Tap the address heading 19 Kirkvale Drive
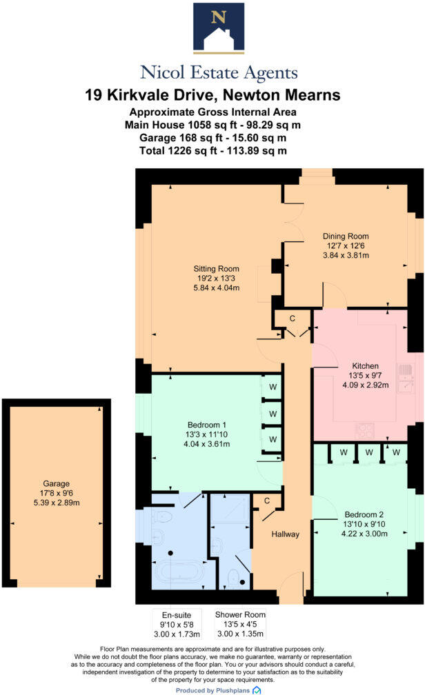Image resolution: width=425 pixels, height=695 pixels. coord(212,94)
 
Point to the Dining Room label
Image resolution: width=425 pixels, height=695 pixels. coord(348,245)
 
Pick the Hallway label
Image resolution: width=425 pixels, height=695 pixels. coord(285,534)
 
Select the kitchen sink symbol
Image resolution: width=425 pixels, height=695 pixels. coord(405,379)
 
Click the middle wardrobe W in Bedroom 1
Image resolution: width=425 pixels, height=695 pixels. coord(273,414)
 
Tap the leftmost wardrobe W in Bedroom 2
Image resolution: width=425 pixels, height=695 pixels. coord(342,453)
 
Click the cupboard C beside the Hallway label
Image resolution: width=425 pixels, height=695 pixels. coord(266,501)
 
